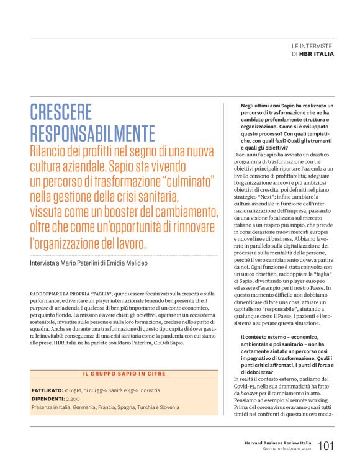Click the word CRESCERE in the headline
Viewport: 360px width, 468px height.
[x=61, y=112]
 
